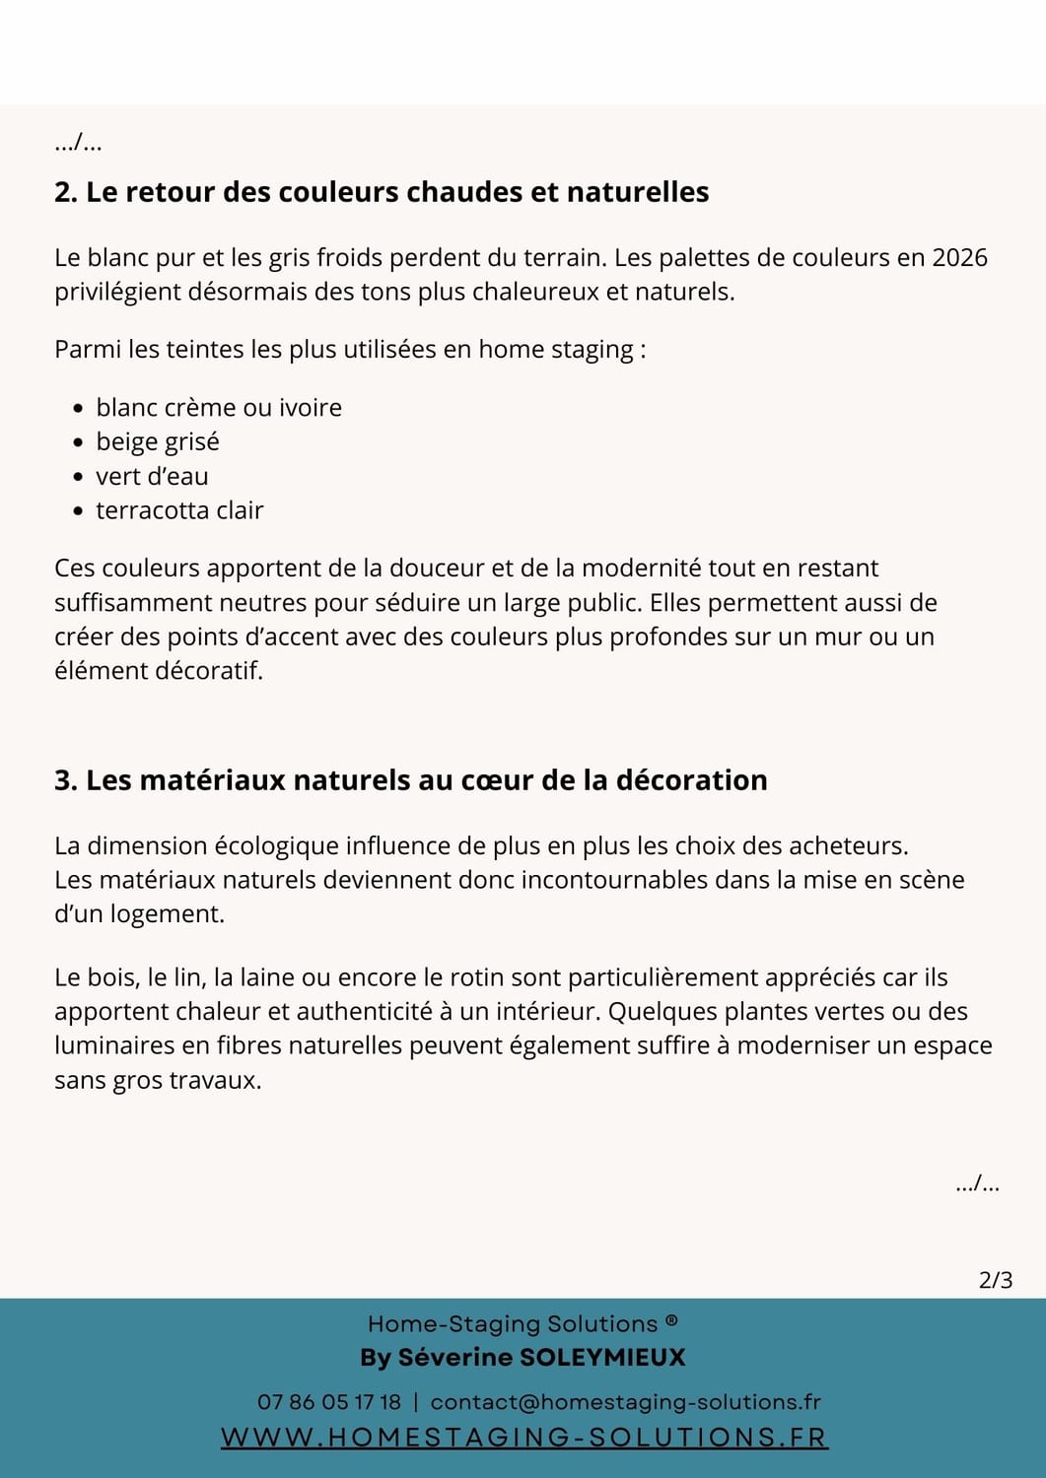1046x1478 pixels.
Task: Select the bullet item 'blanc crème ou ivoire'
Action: click(219, 408)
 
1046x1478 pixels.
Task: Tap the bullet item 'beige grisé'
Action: click(158, 442)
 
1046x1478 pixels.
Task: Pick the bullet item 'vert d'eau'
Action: click(152, 477)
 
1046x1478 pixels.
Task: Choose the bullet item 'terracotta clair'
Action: click(179, 510)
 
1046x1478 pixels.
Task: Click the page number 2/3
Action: click(996, 1280)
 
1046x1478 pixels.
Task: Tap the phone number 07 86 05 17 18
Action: click(329, 1402)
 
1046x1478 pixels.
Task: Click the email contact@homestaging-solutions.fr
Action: click(626, 1402)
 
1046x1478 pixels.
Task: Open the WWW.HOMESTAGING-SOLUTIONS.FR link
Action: click(523, 1438)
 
